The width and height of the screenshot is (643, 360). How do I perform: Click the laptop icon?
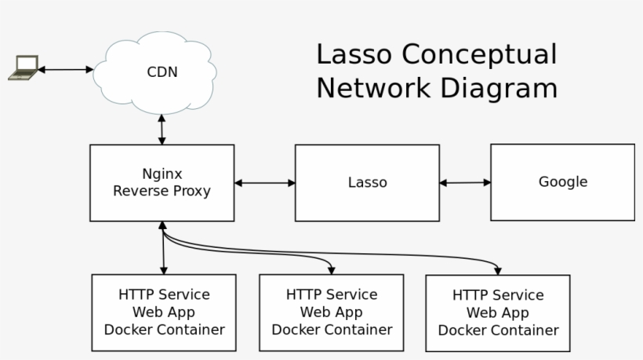(23, 68)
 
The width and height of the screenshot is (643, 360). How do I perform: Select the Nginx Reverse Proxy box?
(162, 183)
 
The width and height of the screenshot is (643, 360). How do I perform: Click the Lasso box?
(367, 183)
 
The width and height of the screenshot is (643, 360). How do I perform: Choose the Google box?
(562, 182)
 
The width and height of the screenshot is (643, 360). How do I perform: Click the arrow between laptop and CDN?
(65, 70)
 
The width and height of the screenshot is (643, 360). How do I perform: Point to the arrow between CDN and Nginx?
(162, 129)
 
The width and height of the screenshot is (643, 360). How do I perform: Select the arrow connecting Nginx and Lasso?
(264, 184)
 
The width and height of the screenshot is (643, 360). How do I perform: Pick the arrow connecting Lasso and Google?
(465, 183)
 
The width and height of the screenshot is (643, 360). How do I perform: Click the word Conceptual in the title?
(480, 55)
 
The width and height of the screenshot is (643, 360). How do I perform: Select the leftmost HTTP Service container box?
(164, 312)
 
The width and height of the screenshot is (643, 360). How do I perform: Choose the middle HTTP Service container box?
(332, 312)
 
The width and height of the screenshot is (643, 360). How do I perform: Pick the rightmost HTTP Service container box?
(498, 313)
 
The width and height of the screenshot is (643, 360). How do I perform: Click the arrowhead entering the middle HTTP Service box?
(332, 270)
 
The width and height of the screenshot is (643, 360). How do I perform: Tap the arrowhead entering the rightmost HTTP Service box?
(498, 271)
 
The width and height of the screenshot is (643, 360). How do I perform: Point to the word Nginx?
(162, 174)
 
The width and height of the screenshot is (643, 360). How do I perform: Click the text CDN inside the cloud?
(162, 72)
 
